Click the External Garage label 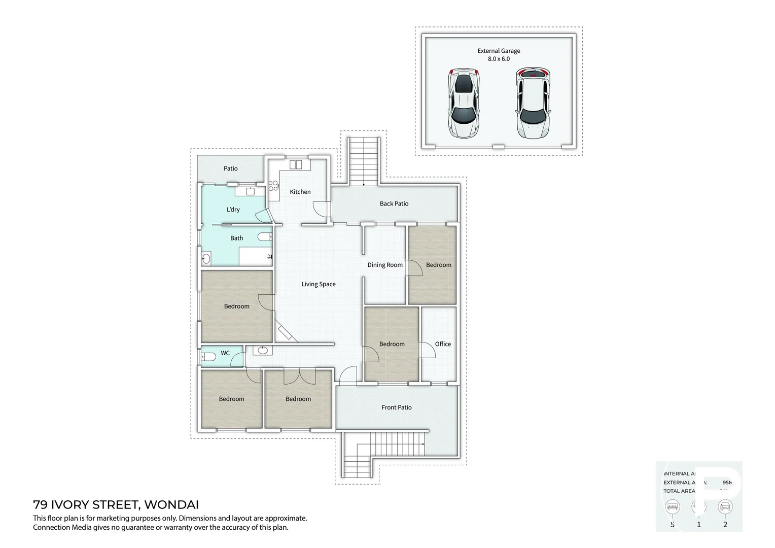(499, 51)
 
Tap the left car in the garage (464, 103)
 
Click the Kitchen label (300, 192)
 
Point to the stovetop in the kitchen (273, 186)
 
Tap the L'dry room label (233, 210)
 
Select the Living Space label (318, 284)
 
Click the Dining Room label (385, 265)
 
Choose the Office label (442, 344)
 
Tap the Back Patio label (394, 203)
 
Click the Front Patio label (396, 407)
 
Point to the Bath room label (236, 238)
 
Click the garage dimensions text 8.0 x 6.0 (499, 59)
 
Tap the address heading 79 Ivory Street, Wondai (116, 505)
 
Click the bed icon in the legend (673, 506)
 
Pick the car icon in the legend (725, 506)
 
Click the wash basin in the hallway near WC (263, 350)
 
